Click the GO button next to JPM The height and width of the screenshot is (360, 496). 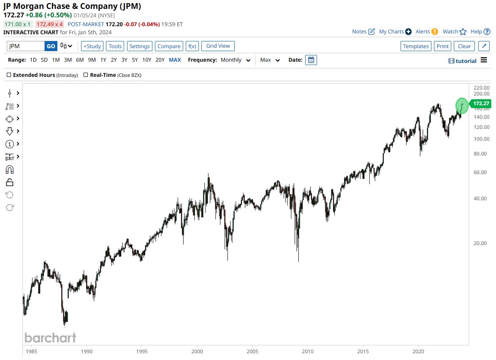tap(51, 46)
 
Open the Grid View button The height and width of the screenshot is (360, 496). tap(218, 46)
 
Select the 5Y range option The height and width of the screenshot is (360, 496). tap(135, 60)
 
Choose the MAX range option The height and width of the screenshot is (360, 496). tap(175, 60)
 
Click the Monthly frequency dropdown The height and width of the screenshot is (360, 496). tap(236, 60)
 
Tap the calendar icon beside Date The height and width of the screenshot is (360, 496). tap(311, 60)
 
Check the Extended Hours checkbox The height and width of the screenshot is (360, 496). tap(9, 75)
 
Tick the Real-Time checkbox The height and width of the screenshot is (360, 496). tap(86, 75)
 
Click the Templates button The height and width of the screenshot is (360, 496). tap(416, 46)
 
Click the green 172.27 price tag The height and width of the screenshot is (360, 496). tap(480, 104)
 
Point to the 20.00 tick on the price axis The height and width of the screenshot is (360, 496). tap(481, 243)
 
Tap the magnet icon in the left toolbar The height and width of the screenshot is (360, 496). tap(9, 169)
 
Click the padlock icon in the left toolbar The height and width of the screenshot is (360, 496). tap(9, 182)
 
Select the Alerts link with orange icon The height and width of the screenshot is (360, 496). tap(427, 32)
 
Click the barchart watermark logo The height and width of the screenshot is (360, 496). tap(50, 338)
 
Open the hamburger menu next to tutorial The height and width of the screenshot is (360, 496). tap(484, 60)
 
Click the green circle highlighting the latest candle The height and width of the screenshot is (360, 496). tap(462, 105)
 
